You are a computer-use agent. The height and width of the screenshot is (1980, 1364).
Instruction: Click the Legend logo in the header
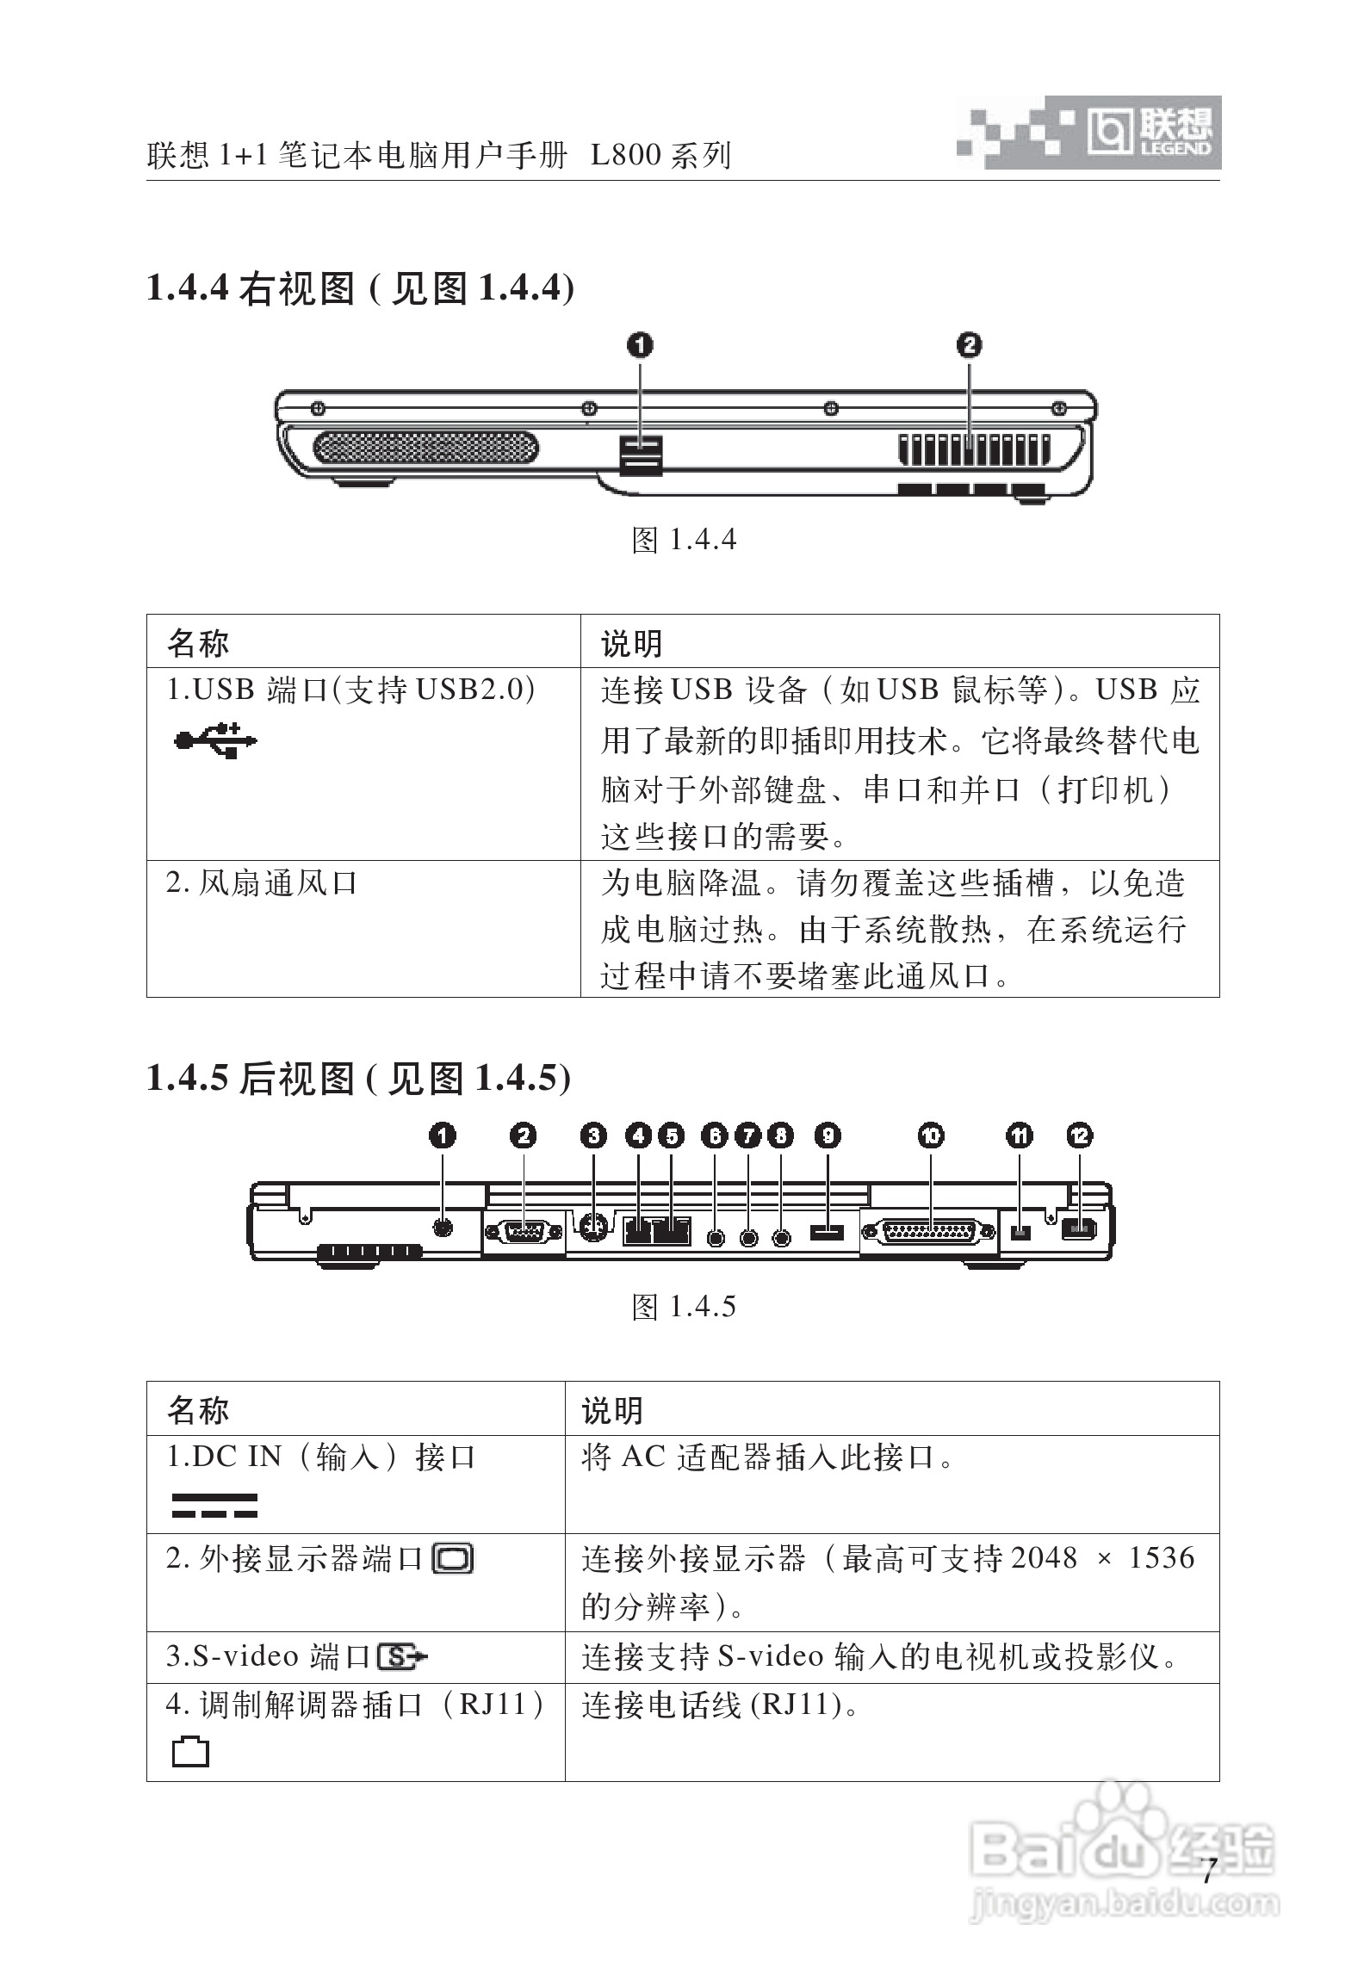[x=1149, y=133]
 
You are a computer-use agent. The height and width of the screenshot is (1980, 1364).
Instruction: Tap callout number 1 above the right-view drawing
[x=640, y=346]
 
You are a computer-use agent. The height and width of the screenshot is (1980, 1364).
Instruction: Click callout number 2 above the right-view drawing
[x=969, y=346]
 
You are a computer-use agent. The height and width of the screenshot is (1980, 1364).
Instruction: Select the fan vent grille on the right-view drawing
[x=973, y=449]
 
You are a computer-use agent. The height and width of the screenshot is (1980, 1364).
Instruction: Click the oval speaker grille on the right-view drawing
[x=426, y=448]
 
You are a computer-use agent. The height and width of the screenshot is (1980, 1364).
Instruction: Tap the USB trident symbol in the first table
[x=214, y=739]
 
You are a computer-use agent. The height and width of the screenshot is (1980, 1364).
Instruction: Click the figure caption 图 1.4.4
[x=684, y=541]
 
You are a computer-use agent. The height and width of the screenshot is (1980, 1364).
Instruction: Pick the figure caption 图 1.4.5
[x=684, y=1307]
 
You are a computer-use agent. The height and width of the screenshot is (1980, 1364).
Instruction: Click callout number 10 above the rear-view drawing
[x=931, y=1136]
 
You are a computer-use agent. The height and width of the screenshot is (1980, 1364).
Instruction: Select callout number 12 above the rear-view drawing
[x=1080, y=1136]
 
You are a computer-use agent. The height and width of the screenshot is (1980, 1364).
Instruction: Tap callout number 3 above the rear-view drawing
[x=593, y=1136]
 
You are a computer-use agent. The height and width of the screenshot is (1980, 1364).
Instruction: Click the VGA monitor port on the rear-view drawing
[x=524, y=1232]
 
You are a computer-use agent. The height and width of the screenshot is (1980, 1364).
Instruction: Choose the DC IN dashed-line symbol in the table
[x=214, y=1506]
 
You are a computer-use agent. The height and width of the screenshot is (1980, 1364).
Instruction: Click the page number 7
[x=1208, y=1871]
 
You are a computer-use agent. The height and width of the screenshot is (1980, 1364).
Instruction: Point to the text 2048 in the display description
[x=1044, y=1558]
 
